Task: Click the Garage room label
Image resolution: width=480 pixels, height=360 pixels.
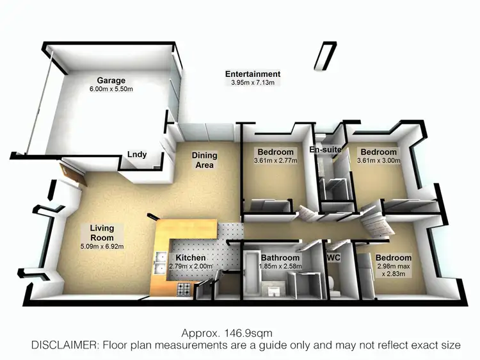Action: (x=110, y=81)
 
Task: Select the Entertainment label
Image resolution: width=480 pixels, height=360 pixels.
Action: (x=253, y=74)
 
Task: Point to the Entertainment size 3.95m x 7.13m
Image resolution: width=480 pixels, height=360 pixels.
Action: (x=253, y=83)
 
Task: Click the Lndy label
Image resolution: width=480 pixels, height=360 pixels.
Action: (x=137, y=154)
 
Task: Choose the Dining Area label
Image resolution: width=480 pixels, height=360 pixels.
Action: (x=205, y=160)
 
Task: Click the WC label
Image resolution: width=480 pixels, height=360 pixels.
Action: (x=333, y=258)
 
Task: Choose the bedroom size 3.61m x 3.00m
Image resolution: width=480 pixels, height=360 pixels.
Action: (x=378, y=161)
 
